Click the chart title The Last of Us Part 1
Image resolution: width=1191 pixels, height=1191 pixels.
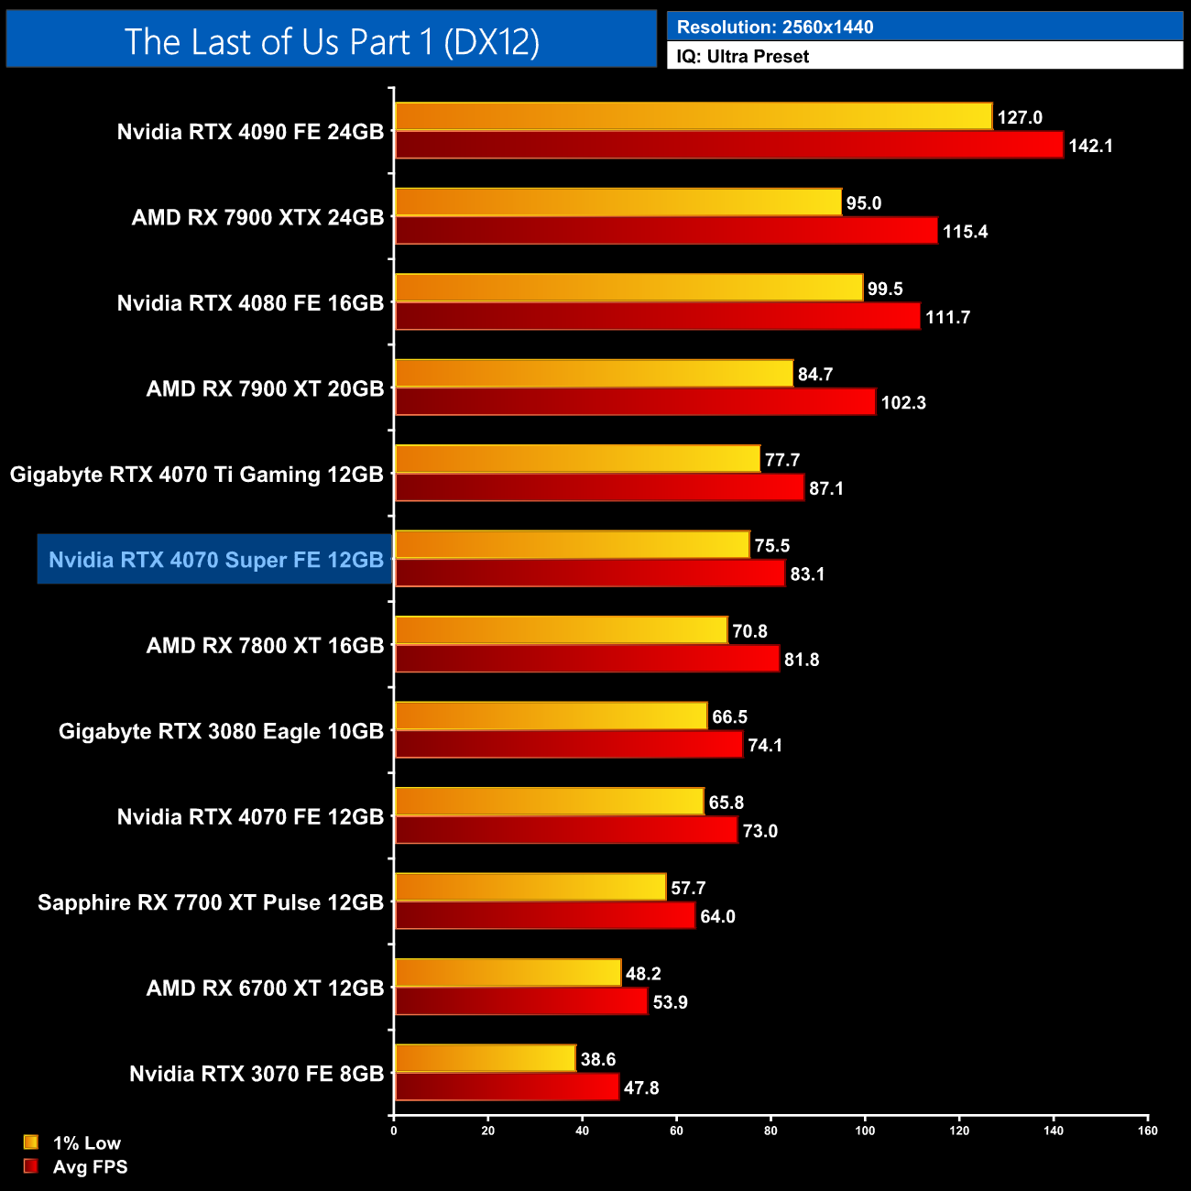tap(332, 41)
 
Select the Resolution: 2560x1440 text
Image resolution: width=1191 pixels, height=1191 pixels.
tap(774, 27)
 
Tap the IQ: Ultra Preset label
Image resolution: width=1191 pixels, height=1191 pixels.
tap(742, 56)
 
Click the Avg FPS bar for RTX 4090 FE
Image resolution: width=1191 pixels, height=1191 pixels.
tap(728, 145)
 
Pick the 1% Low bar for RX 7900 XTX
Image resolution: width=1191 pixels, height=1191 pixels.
tap(617, 202)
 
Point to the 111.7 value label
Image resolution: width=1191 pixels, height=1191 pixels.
tap(947, 317)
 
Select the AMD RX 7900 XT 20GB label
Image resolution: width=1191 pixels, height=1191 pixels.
tap(265, 388)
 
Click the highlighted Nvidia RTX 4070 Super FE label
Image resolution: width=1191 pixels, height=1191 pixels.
tap(215, 560)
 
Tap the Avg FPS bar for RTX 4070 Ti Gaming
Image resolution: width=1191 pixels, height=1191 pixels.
tap(599, 487)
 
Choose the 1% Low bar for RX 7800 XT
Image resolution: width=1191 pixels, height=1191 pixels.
tap(561, 630)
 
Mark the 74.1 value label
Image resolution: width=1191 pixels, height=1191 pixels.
tap(765, 745)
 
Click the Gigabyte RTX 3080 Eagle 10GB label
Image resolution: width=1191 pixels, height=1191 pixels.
tap(221, 731)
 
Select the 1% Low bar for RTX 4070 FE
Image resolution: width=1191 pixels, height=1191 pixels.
tap(549, 802)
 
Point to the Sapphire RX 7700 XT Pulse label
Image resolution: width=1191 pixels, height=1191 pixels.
tap(211, 902)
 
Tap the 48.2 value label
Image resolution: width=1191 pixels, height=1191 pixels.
tap(643, 973)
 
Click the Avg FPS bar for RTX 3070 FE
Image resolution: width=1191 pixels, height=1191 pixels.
tap(507, 1087)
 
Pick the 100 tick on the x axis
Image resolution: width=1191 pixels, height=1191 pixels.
tap(865, 1131)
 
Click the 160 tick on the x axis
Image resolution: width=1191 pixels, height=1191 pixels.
tap(1148, 1131)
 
